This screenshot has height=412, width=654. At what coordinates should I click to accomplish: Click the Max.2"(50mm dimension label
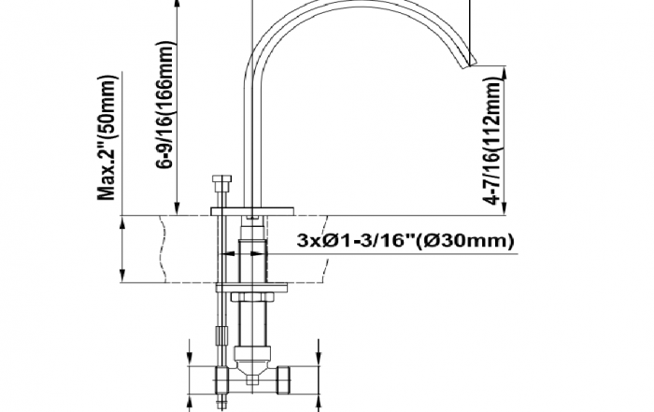(106, 137)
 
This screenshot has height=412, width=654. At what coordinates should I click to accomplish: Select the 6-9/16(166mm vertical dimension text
(164, 105)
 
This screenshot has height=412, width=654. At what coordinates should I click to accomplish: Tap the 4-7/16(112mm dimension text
(491, 141)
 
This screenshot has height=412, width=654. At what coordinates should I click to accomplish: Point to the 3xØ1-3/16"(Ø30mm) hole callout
(405, 241)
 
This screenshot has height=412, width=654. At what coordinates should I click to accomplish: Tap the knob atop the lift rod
(221, 179)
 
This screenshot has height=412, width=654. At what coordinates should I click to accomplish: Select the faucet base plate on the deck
(252, 211)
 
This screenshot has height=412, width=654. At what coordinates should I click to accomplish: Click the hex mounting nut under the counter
(252, 296)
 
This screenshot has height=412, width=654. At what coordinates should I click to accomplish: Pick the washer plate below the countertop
(251, 288)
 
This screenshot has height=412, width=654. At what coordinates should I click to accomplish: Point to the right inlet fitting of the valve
(283, 380)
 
